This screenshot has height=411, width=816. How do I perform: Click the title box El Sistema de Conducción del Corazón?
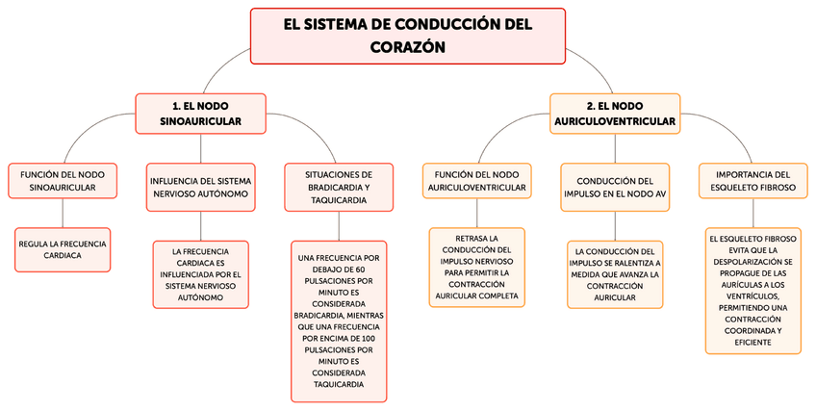(407, 35)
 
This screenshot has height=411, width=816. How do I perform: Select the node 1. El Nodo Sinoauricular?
(200, 114)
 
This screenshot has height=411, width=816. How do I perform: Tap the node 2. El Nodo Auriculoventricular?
(615, 114)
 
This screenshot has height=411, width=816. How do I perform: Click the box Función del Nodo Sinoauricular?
(63, 180)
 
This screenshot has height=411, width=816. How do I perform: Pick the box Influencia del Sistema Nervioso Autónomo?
(200, 187)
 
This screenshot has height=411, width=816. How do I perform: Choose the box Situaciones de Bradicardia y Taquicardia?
(339, 187)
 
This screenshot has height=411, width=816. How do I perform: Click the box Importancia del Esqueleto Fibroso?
(753, 180)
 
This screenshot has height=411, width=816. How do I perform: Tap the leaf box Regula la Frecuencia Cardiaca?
(63, 249)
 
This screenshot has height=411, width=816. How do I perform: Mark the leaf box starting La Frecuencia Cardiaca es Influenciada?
(200, 274)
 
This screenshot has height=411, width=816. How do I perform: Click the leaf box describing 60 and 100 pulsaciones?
(339, 321)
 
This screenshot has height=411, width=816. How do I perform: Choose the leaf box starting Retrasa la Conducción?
(476, 267)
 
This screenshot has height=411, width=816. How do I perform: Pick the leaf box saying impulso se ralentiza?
(615, 274)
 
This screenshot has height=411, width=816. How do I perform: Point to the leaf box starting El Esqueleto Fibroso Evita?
(753, 290)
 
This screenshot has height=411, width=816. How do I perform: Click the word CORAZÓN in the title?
(407, 46)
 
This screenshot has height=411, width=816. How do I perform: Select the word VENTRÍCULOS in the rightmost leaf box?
(753, 296)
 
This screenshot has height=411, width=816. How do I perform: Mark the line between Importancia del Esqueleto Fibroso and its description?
(753, 211)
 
